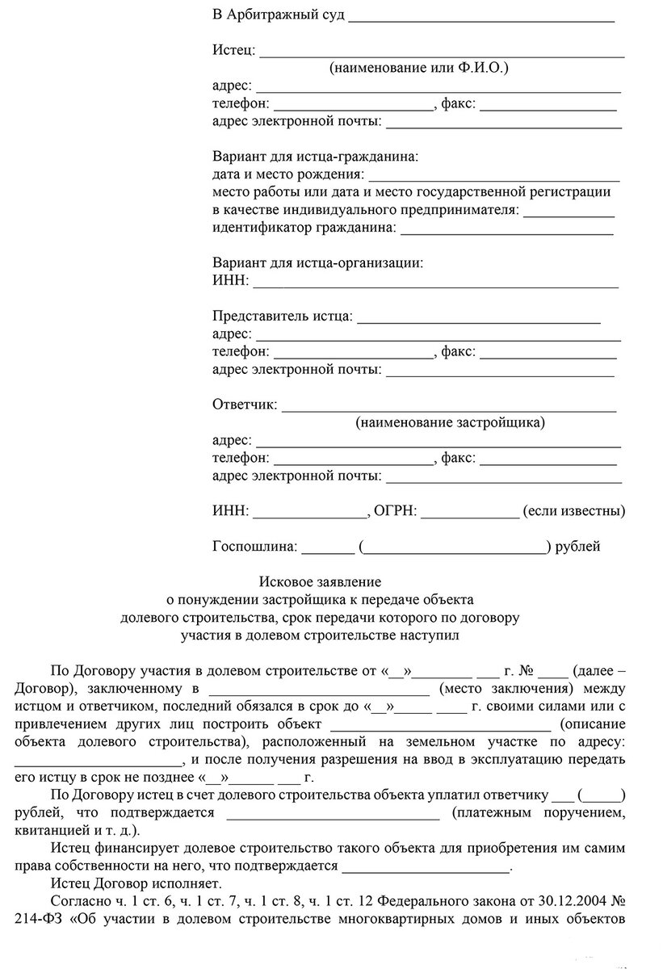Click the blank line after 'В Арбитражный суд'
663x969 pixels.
tap(482, 18)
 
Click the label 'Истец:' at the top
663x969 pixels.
tap(233, 51)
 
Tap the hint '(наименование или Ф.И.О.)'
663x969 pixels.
tap(418, 69)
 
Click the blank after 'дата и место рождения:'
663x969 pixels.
tap(494, 176)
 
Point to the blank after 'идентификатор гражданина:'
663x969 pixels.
tap(506, 230)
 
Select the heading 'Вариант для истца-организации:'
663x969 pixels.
tap(317, 262)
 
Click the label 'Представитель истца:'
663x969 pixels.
tap(282, 316)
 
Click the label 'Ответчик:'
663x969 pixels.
tap(244, 404)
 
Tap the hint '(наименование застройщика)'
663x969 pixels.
tap(450, 422)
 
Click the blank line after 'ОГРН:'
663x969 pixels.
tap(469, 513)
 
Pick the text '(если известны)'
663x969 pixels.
tap(573, 511)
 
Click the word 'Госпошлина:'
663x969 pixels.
tap(255, 547)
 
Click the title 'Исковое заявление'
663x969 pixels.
tap(320, 581)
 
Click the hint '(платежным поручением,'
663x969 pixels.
tap(538, 812)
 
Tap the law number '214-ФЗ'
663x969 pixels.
tap(37, 919)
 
